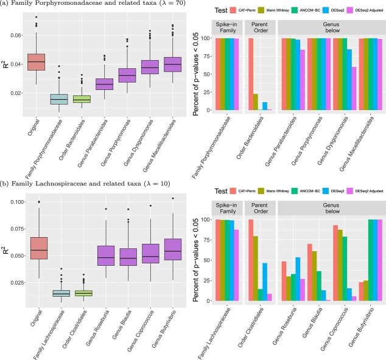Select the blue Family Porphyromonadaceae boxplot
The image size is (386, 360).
click(63, 99)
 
